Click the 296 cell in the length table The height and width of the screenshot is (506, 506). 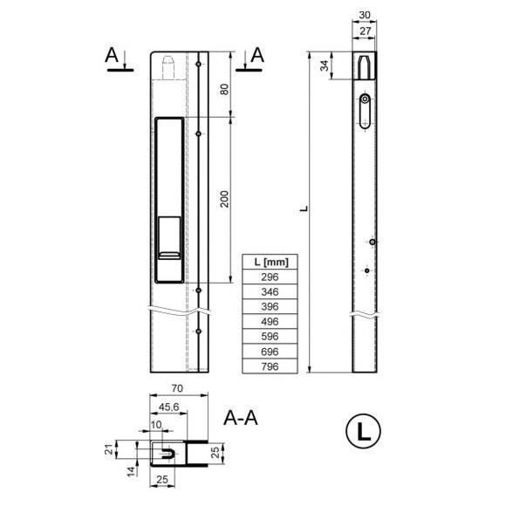coord(270,277)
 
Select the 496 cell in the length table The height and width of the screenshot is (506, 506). coord(270,321)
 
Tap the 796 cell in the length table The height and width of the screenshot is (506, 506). coord(270,366)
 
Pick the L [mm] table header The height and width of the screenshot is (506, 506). coord(270,262)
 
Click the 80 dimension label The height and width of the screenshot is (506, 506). coord(224,89)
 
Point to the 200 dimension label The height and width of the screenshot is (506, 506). coord(224,199)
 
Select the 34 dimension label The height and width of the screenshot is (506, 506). coord(325,65)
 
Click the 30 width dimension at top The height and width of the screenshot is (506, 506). coord(365,15)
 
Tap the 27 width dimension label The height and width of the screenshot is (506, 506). coord(365,31)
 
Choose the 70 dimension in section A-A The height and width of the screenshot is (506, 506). coord(177,388)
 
